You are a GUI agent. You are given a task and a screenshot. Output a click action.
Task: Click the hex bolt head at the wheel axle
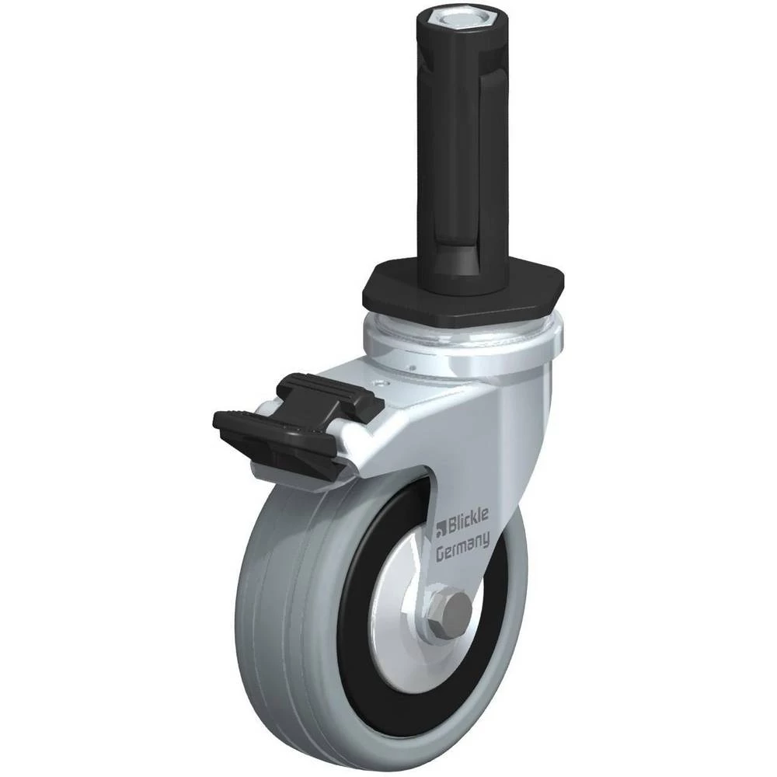tap(451, 609)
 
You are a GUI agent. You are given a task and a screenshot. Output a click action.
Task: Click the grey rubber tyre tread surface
tap(277, 594)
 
